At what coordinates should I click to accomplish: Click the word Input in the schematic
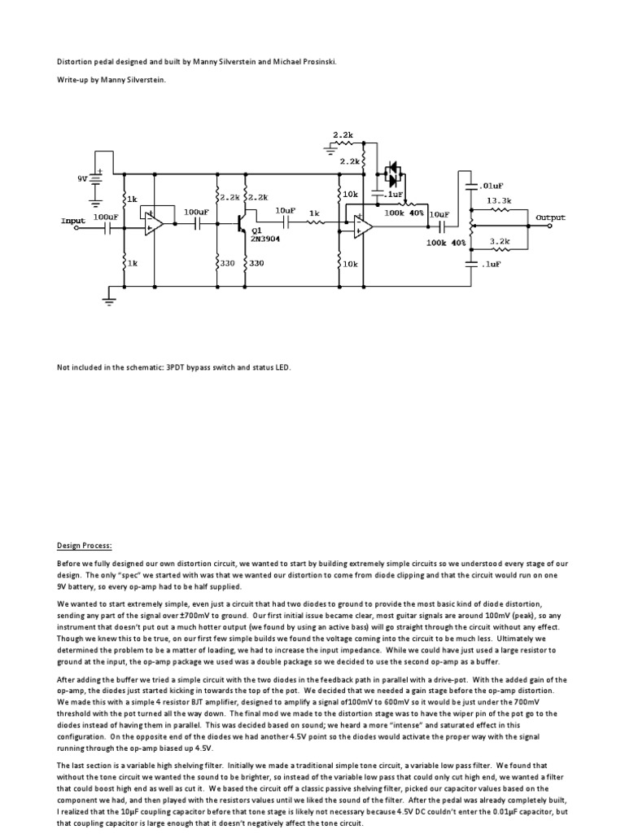coord(72,221)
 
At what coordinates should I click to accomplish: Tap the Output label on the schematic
coord(550,217)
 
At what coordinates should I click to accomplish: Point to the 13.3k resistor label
coord(498,200)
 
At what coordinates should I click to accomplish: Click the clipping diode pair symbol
coord(393,173)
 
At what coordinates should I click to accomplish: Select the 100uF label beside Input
coord(106,217)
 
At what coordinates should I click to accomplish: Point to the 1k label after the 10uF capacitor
coord(313,211)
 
